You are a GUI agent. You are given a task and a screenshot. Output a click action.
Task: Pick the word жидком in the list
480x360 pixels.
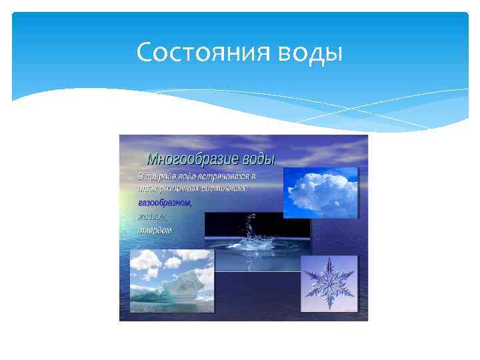153,217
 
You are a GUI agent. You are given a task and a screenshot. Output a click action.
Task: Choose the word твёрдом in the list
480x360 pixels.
155,230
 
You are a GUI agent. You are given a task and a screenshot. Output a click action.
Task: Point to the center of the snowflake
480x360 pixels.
329,283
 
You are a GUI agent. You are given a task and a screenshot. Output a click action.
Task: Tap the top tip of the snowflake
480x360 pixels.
329,259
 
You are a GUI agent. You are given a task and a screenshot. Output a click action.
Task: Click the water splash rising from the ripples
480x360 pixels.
250,230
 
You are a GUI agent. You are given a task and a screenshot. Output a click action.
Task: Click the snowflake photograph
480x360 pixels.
329,283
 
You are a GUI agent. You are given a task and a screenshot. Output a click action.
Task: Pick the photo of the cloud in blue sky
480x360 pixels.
320,193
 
